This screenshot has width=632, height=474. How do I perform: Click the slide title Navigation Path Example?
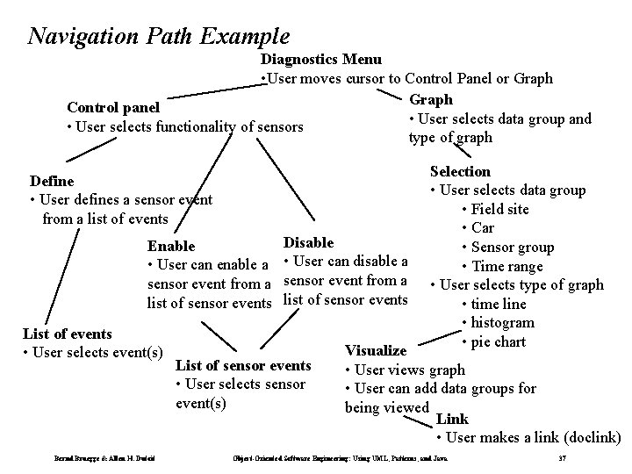[x=159, y=36]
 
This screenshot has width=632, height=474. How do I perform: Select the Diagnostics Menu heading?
[x=320, y=60]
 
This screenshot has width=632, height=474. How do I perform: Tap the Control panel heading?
[x=113, y=108]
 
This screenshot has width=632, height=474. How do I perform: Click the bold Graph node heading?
[x=432, y=99]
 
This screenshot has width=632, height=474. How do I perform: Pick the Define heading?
[x=52, y=181]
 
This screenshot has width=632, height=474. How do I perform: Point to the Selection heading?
[x=460, y=171]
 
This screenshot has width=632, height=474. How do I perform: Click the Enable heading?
[x=171, y=247]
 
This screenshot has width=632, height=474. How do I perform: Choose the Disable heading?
[x=308, y=241]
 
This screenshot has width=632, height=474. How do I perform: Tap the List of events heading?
[x=67, y=334]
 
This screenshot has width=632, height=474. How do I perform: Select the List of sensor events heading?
[x=243, y=365]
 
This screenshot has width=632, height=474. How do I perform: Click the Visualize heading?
[x=376, y=350]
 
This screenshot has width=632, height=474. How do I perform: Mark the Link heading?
[x=452, y=419]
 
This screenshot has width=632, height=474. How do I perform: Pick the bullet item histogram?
[x=503, y=323]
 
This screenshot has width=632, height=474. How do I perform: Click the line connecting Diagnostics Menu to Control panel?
[x=212, y=90]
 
